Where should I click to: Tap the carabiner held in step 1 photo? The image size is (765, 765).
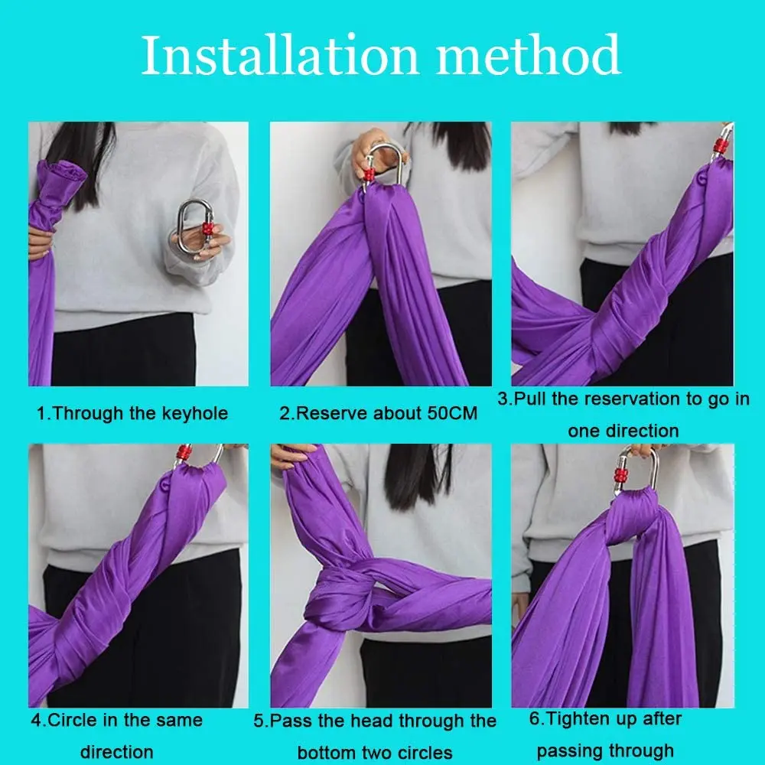[x=195, y=227]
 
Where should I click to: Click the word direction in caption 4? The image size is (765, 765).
[x=116, y=752]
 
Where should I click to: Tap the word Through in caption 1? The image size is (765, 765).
[x=86, y=414]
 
